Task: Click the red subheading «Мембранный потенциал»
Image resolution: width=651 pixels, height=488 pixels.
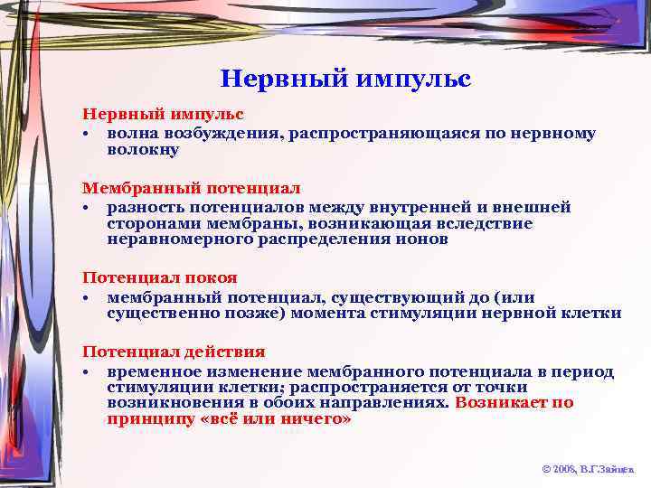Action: point(192,189)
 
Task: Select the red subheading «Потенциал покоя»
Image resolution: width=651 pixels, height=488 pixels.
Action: point(160,278)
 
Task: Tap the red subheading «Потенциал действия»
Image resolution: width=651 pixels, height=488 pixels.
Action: point(175,352)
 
